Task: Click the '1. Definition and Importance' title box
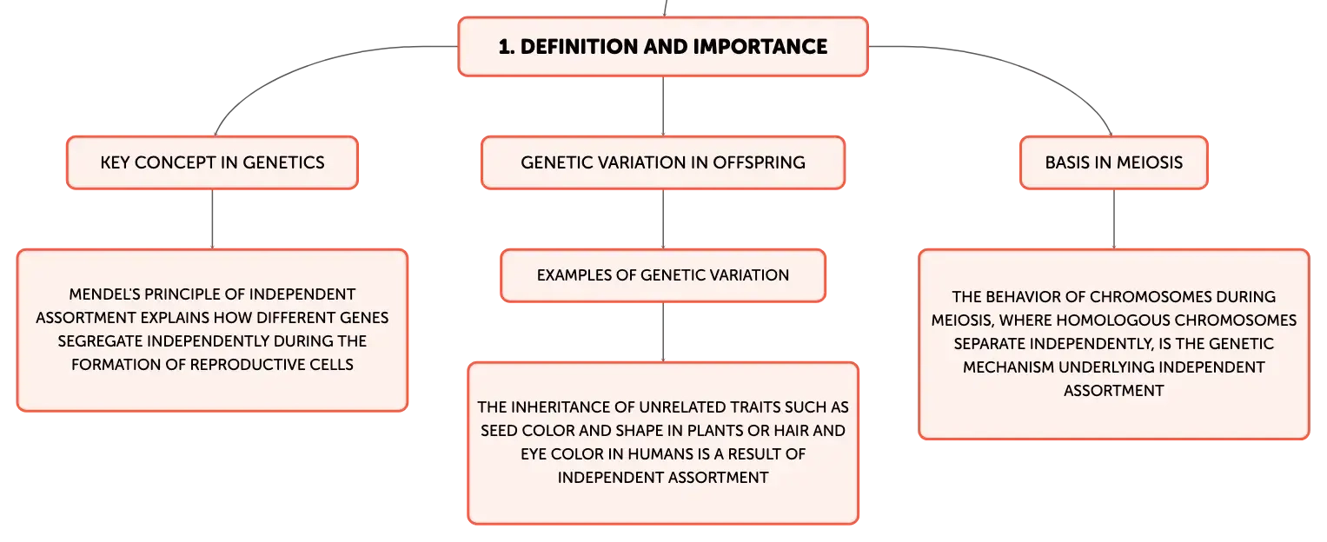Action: point(663,46)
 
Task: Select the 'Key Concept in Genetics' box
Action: point(212,162)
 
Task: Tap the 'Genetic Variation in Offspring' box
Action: point(663,162)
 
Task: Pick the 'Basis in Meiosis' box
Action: point(1114,162)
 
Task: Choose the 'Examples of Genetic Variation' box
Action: point(663,275)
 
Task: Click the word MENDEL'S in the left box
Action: point(103,294)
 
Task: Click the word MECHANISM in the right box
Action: point(1008,367)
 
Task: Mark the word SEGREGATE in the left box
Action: point(100,341)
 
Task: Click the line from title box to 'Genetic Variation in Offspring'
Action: point(663,106)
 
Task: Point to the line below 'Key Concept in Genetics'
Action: point(212,219)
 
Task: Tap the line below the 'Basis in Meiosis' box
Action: point(1114,219)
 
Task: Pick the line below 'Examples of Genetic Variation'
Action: point(663,333)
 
